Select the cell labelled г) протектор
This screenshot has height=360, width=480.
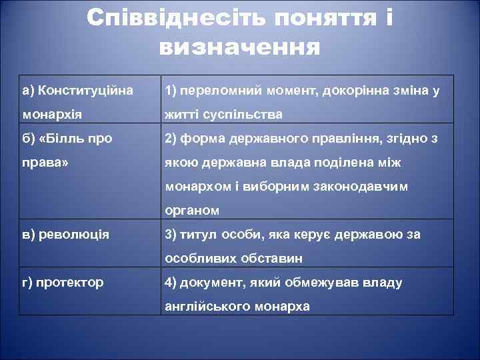(x=63, y=282)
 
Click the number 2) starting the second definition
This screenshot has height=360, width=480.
(x=171, y=139)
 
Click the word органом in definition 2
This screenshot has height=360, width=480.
(x=192, y=211)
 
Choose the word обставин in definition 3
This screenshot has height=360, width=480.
(x=273, y=258)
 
